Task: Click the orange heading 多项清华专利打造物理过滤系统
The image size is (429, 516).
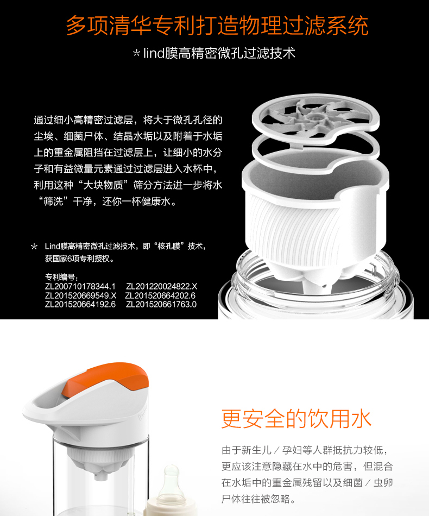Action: [x=217, y=26]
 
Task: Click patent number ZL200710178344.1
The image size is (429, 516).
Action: [x=80, y=286]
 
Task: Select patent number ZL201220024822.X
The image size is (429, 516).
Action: [x=161, y=286]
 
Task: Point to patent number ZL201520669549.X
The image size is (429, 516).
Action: [x=80, y=295]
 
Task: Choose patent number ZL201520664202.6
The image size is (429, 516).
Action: [x=160, y=295]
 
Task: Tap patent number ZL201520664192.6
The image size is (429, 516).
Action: [x=80, y=304]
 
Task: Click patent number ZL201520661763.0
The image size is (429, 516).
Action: [x=161, y=304]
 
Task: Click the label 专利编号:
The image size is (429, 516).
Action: [x=61, y=277]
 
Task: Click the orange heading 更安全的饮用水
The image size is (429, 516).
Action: [x=296, y=419]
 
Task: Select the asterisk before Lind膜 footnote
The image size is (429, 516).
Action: [x=34, y=247]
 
